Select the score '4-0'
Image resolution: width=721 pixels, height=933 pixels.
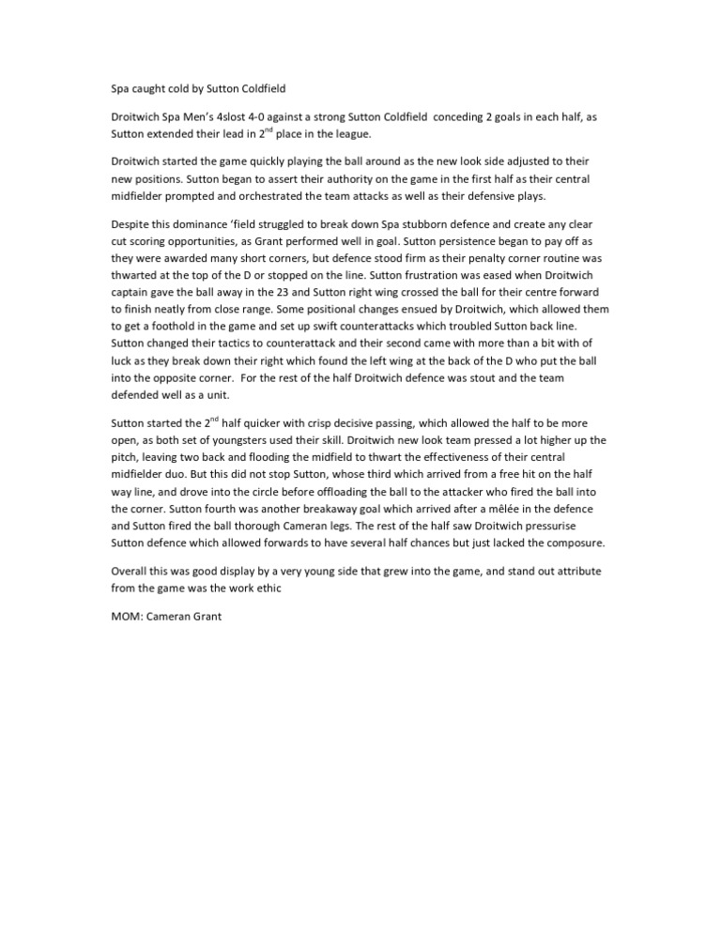point(278,117)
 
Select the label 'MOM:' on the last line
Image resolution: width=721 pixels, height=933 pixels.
point(128,619)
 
